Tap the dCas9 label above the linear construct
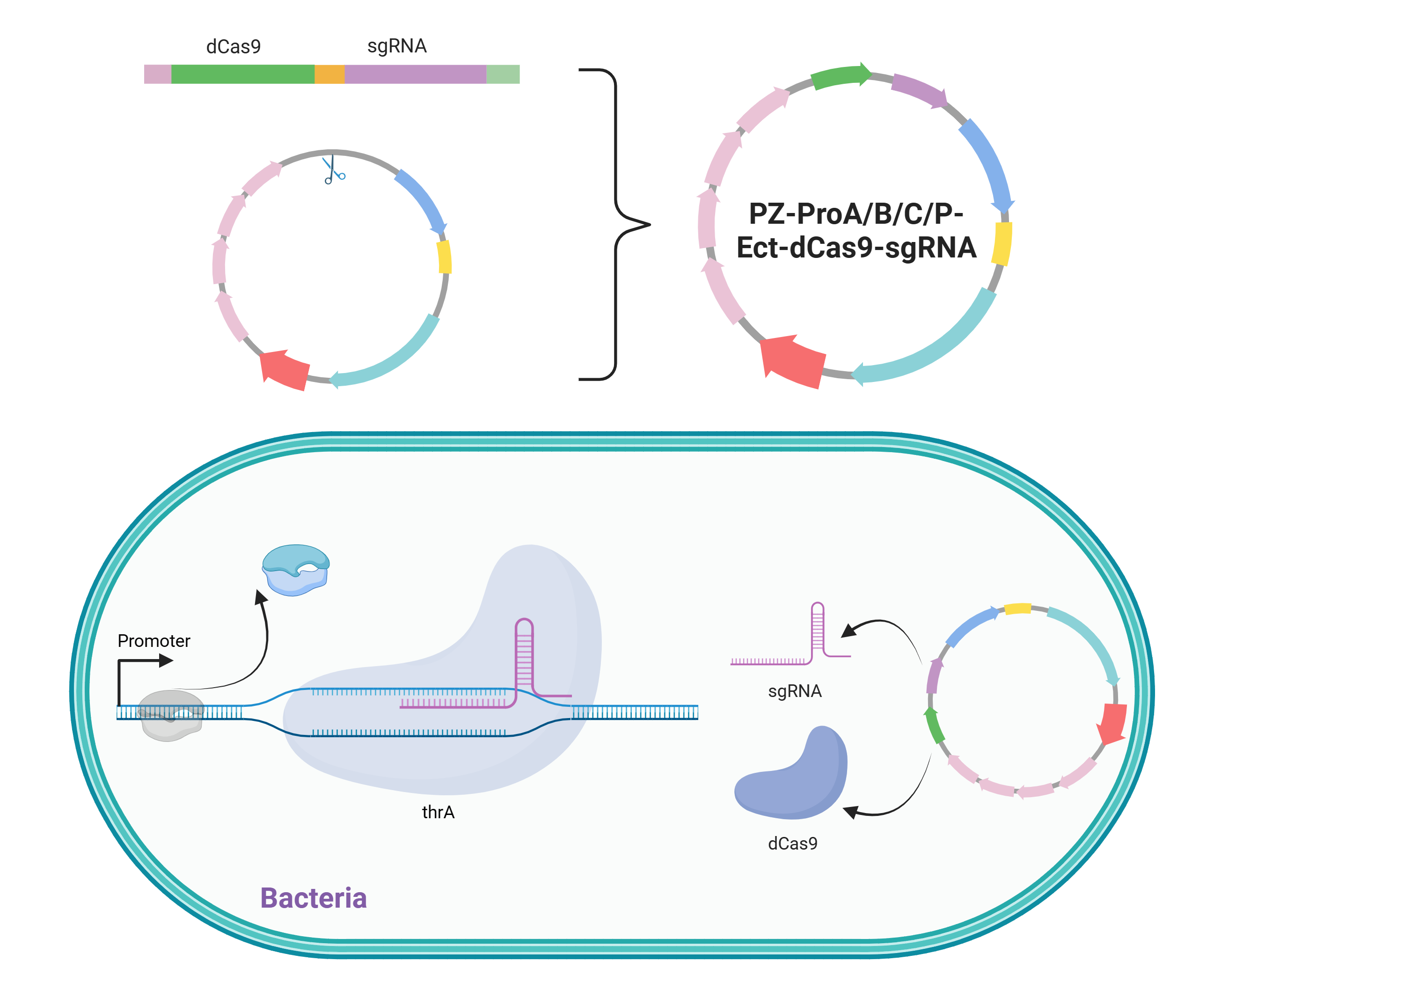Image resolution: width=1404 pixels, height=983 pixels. coord(234,46)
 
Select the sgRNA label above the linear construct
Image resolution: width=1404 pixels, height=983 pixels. coord(397,46)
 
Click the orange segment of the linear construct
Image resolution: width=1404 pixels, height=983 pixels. coord(329,74)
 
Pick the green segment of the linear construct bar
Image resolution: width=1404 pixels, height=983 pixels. coord(243,74)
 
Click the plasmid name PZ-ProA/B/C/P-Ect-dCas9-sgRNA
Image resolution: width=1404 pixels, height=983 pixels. coord(856,231)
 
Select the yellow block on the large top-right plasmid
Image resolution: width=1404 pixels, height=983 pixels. coord(1002,243)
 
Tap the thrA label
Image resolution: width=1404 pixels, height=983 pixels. coord(439,812)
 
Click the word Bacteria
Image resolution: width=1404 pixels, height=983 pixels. coord(314,898)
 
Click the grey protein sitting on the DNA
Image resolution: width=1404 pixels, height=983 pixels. coord(171,715)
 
